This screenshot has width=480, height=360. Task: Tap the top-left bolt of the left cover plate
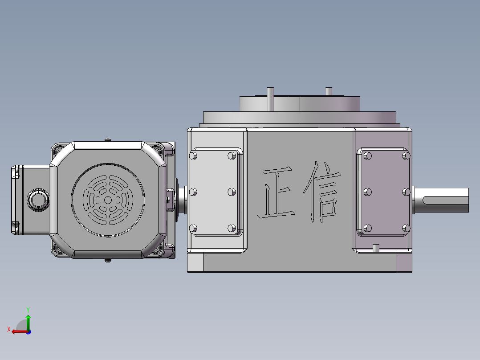pos(193,156)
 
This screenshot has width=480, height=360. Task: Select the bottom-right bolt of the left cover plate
pos(231,228)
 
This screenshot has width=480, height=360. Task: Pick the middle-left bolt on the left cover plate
pos(193,192)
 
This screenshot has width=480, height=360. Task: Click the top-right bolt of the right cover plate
pos(406,155)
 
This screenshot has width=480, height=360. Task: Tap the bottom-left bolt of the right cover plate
pos(368,228)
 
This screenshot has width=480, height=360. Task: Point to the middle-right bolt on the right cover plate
pos(406,192)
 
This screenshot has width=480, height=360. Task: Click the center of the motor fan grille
pos(107,200)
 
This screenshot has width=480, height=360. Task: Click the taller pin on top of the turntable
pos(270,98)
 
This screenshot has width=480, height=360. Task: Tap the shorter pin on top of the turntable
pos(329,91)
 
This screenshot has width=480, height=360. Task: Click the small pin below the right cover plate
pos(375,248)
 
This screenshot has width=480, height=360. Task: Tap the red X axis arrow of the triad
pos(15,331)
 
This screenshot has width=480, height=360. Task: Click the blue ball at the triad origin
pos(28,331)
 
